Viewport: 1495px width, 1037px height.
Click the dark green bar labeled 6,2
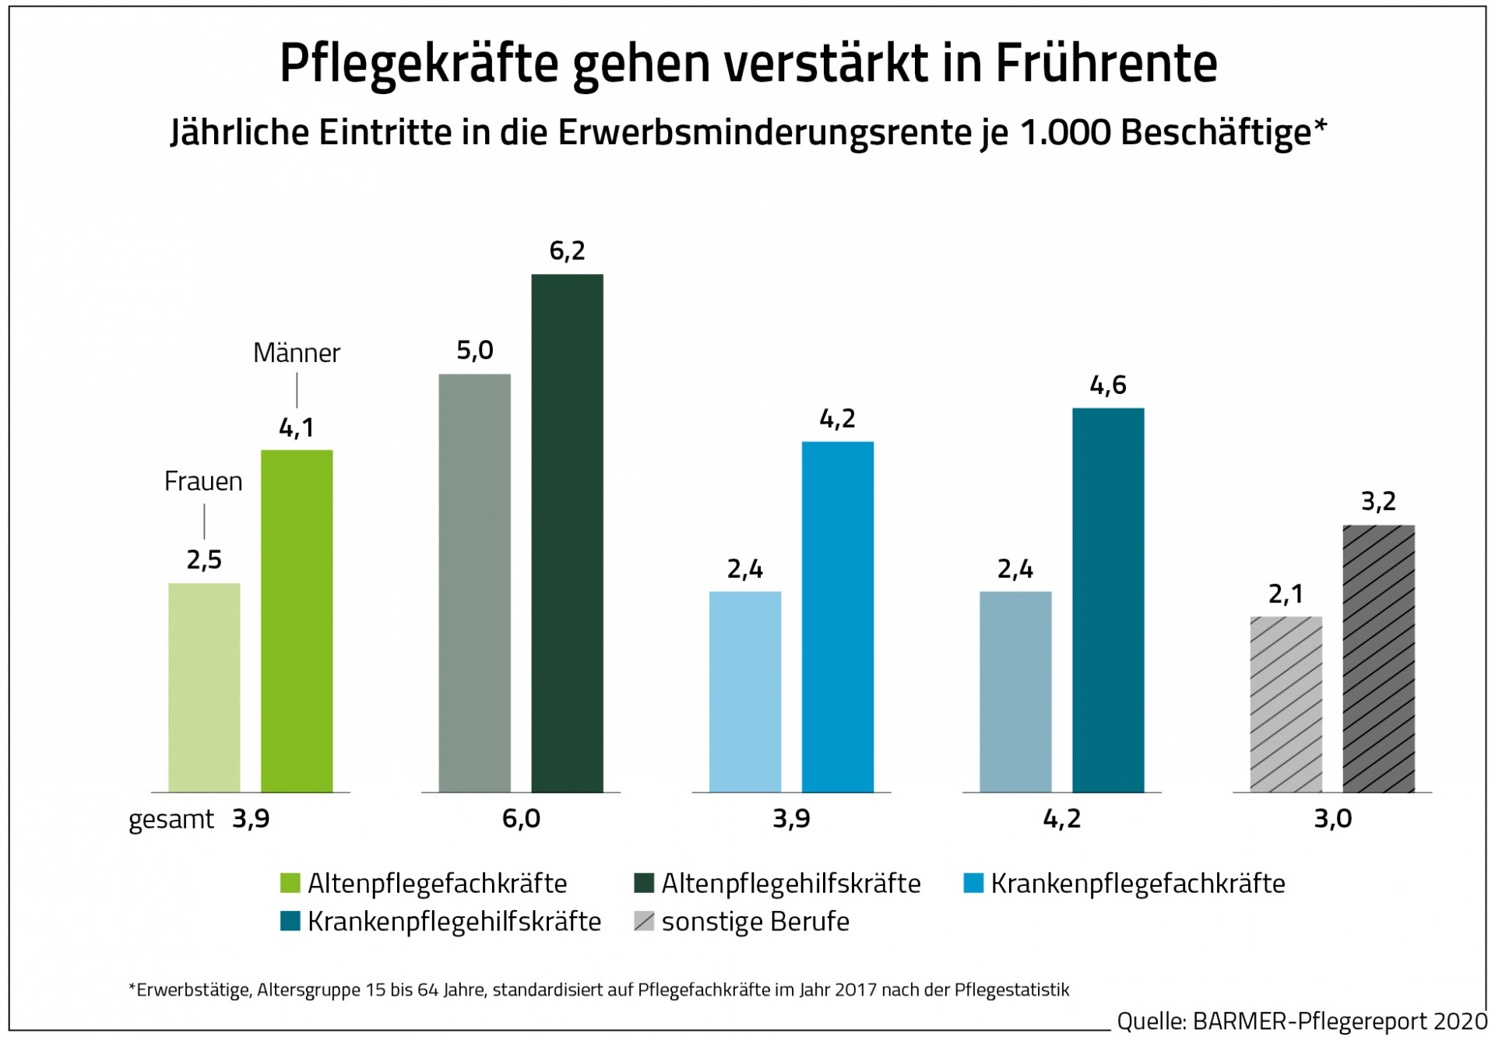click(567, 533)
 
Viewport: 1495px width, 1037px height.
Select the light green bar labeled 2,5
click(204, 687)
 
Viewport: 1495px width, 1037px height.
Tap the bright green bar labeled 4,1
click(297, 620)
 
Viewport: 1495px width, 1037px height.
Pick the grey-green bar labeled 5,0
click(474, 583)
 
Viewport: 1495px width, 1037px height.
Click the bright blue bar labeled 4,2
click(838, 617)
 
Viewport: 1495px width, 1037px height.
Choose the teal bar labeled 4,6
click(1108, 599)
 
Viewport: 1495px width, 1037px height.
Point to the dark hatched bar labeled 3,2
click(1378, 659)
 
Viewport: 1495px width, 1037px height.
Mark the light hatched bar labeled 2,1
click(1286, 704)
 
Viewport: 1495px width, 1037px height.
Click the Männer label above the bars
click(297, 353)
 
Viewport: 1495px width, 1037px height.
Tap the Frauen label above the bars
click(203, 482)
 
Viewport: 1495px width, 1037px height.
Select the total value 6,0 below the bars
click(521, 818)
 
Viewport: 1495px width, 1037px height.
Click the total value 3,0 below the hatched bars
click(1332, 818)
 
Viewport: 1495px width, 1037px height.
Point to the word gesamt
click(171, 819)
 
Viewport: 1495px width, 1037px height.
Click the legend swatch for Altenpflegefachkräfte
click(290, 883)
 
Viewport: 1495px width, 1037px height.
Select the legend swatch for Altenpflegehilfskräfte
click(644, 883)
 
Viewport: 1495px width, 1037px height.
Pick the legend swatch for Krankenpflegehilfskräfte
click(290, 921)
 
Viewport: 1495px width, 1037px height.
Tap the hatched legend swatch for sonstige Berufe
click(644, 921)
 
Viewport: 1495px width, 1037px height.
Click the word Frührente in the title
click(1106, 62)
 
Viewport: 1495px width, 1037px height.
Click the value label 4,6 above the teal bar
click(1108, 385)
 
